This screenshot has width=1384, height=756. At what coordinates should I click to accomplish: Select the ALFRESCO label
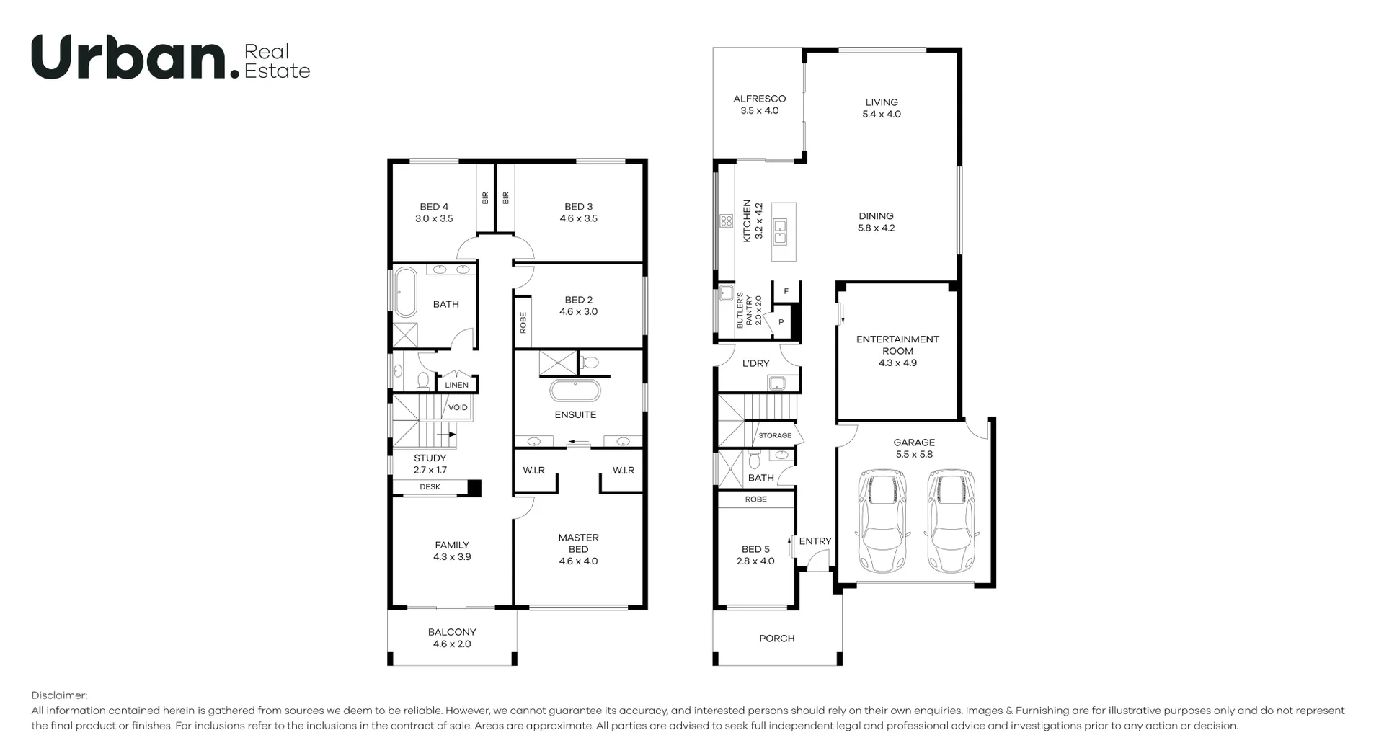(x=759, y=99)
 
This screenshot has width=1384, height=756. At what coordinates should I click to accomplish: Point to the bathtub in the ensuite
(x=575, y=391)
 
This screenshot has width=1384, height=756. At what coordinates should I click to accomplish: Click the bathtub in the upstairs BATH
(x=405, y=293)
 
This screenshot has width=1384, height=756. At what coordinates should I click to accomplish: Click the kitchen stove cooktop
(x=726, y=221)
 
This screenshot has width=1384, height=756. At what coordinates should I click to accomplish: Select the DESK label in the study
(x=430, y=487)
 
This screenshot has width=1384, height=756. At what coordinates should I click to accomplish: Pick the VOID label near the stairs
(x=458, y=408)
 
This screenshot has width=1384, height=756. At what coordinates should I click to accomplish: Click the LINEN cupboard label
(x=456, y=385)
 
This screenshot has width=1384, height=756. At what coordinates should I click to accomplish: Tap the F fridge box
(x=786, y=291)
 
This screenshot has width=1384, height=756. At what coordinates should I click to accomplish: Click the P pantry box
(x=781, y=322)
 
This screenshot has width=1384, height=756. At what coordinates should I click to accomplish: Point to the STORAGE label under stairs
(x=775, y=435)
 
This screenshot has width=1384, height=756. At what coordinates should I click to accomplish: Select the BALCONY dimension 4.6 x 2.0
(x=452, y=644)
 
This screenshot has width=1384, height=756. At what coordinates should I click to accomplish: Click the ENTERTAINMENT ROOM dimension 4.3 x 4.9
(x=897, y=363)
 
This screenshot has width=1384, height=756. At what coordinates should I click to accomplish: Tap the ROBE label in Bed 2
(x=523, y=322)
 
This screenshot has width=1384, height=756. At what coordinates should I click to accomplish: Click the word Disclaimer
(x=59, y=695)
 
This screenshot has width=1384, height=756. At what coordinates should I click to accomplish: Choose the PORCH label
(x=776, y=639)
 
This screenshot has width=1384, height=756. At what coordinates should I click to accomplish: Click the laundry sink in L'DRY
(x=776, y=383)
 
